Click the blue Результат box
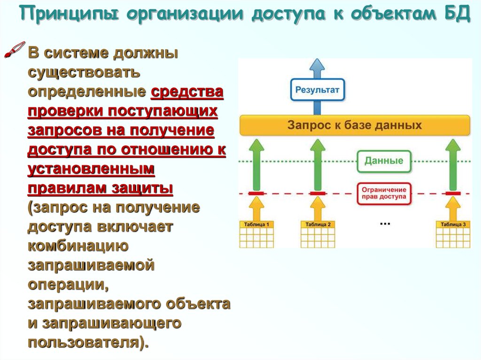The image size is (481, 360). tap(318, 90)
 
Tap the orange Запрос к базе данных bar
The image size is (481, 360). tap(355, 125)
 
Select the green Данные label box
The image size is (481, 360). tap(384, 161)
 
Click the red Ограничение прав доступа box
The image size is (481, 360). tap(384, 193)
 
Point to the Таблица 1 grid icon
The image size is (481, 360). tap(256, 234)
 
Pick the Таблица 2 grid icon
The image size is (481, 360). tap(318, 234)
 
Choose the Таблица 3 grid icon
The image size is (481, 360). tap(452, 234)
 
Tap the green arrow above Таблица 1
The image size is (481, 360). tap(256, 164)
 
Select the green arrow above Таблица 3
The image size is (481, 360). tap(452, 164)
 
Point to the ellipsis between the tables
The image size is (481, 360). tap(385, 224)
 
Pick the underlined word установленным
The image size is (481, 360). tap(91, 169)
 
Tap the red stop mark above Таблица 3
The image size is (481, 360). tap(452, 193)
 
